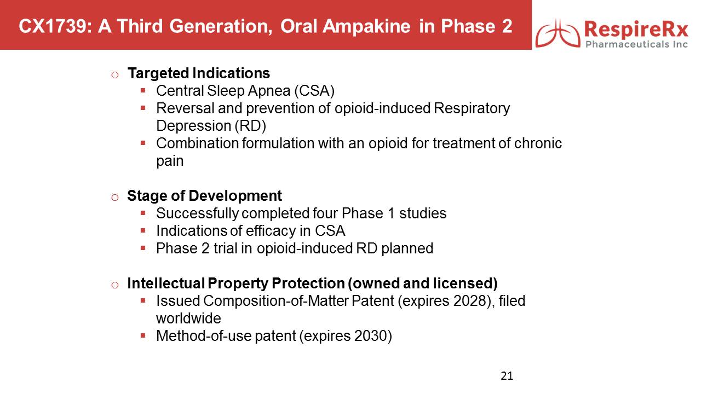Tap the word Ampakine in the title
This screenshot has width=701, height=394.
[x=366, y=26]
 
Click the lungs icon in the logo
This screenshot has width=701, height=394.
[x=558, y=33]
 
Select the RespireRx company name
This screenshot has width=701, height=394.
[x=636, y=30]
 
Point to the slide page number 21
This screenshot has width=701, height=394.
[x=507, y=376]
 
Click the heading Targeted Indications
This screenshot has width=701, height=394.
[x=199, y=73]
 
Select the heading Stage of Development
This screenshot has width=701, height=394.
[x=204, y=196]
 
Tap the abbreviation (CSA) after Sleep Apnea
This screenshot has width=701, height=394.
[x=314, y=91]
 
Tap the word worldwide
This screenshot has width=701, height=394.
[x=188, y=318]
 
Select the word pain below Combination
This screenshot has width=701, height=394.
[x=170, y=161]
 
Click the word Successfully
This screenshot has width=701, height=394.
[x=198, y=214]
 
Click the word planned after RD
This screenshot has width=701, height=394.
[x=407, y=249]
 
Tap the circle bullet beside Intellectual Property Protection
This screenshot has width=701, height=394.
[x=115, y=285]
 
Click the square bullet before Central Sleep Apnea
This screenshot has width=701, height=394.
[x=143, y=91]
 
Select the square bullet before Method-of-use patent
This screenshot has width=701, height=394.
[x=143, y=336]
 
